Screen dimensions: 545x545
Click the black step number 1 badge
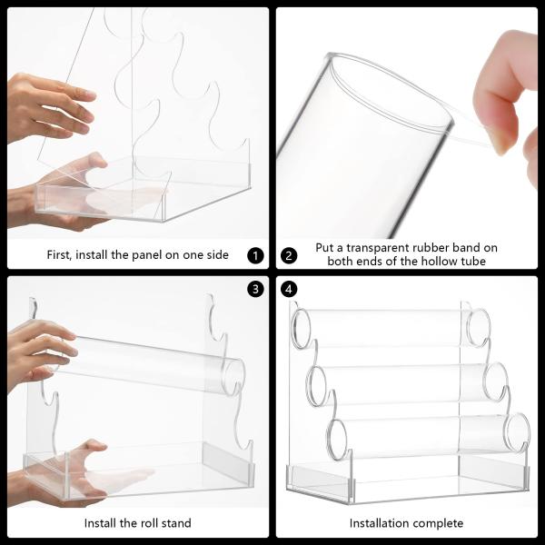click(255, 256)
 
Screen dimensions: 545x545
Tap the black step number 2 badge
click(289, 256)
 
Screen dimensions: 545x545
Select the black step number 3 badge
click(255, 289)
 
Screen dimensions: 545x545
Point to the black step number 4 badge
click(289, 289)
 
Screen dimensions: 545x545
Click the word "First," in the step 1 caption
click(59, 255)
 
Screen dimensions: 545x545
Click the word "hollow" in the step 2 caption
click(439, 261)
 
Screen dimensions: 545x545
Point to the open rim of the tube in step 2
click(391, 90)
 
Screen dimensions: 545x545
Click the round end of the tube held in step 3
click(233, 378)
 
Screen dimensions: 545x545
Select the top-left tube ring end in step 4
click(301, 329)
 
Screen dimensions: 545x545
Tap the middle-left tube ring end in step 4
click(316, 385)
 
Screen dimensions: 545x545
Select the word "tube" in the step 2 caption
click(473, 261)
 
